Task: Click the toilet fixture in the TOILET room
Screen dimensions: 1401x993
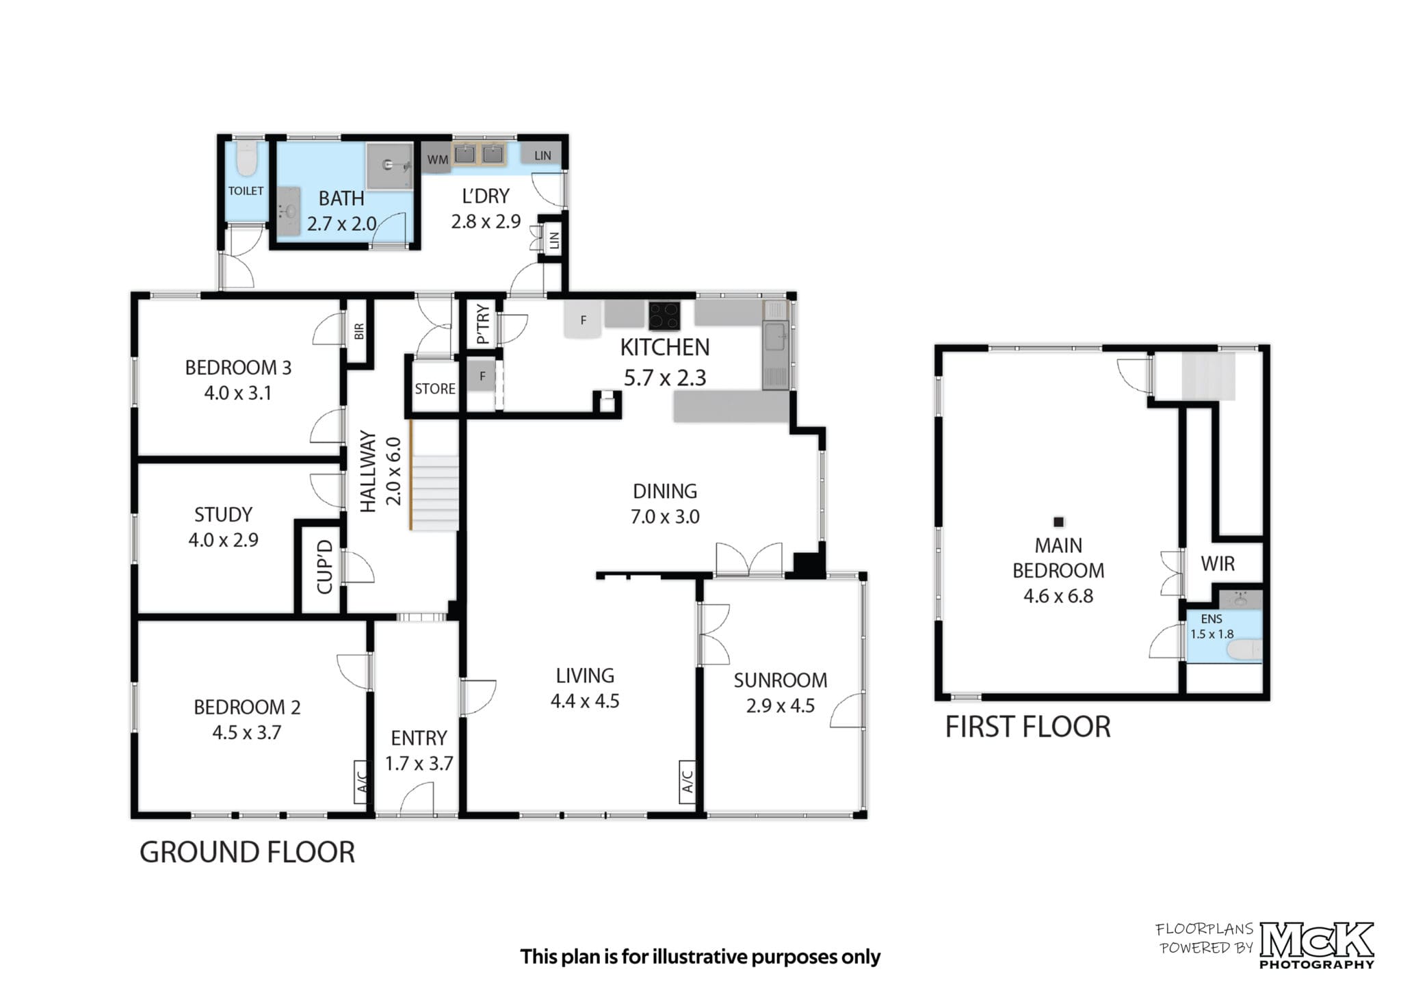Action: tap(246, 159)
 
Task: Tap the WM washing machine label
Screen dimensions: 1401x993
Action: tap(438, 160)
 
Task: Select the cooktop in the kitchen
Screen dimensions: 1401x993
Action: tap(664, 316)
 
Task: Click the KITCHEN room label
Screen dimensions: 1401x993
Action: tap(664, 348)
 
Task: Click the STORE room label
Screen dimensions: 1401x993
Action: tap(435, 389)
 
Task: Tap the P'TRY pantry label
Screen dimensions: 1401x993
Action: tap(483, 324)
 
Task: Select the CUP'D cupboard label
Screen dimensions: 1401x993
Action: tap(325, 567)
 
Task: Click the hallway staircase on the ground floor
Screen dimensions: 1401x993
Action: tap(434, 492)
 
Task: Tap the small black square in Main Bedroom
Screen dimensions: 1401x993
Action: tap(1059, 522)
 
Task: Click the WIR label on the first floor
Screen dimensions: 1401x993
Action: tap(1218, 564)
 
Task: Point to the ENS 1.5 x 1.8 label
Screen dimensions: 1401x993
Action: tap(1212, 627)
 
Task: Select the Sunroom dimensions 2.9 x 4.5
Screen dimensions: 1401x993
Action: tap(781, 706)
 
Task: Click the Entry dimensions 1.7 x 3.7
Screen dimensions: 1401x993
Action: tap(419, 763)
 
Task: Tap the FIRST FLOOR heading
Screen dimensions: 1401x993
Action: tap(1027, 727)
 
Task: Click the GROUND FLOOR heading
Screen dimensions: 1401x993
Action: tap(248, 853)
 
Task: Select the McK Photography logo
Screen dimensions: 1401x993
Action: tap(1316, 945)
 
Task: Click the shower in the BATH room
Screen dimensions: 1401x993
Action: tap(389, 165)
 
